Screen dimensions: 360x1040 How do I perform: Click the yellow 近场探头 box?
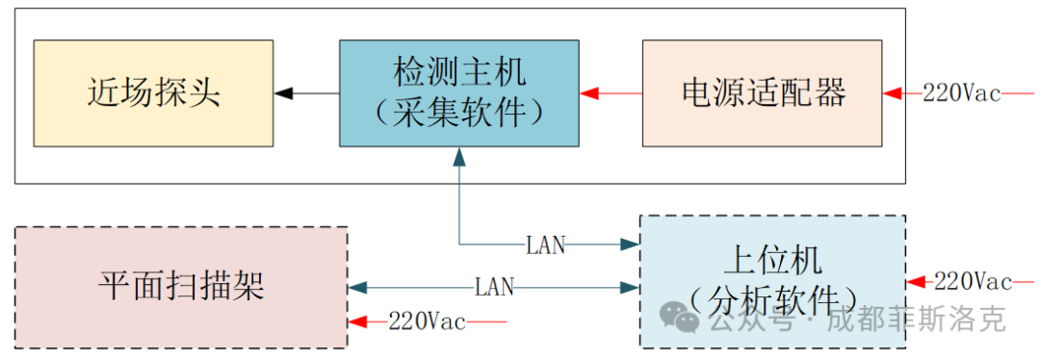(153, 92)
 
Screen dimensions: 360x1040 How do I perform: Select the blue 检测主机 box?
(459, 92)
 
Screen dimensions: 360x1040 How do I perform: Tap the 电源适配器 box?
(762, 92)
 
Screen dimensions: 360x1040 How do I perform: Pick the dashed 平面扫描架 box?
(181, 287)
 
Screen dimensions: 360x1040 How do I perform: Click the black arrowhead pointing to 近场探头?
(283, 93)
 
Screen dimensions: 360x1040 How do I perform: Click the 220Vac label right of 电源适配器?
(961, 93)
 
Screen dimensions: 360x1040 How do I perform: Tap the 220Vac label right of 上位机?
(973, 282)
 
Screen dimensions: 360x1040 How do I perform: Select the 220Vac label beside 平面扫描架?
(427, 321)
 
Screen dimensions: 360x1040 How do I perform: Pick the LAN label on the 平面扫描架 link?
(494, 287)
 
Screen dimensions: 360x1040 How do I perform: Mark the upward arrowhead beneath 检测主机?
(459, 155)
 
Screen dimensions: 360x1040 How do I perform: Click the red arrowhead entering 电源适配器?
(893, 93)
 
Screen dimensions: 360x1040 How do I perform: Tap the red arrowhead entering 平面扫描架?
(359, 321)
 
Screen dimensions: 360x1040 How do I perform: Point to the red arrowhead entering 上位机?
(916, 282)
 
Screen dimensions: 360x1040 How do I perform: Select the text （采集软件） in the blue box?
(459, 113)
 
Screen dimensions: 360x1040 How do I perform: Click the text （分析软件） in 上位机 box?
(773, 297)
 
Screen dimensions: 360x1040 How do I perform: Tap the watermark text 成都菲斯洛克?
(916, 319)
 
